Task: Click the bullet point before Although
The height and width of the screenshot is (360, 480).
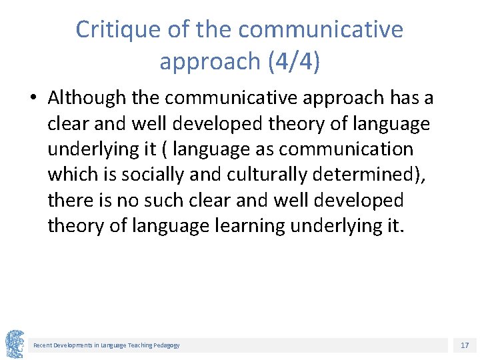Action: [x=33, y=99]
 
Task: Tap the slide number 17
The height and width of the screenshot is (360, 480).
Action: [x=465, y=345]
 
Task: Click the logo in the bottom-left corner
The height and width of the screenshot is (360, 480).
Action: [x=15, y=344]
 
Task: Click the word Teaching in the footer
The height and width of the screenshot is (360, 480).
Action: [x=135, y=345]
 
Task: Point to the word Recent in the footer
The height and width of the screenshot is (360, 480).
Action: [x=42, y=345]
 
